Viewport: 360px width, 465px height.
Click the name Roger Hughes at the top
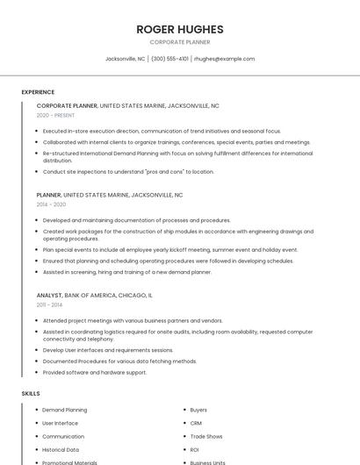point(180,29)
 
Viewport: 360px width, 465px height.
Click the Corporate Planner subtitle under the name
point(180,42)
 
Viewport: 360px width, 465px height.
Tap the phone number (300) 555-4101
point(169,59)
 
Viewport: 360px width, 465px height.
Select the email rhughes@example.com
point(224,59)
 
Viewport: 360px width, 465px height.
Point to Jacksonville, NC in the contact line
point(125,59)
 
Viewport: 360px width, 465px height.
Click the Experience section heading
point(38,92)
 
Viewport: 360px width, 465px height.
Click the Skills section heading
point(31,394)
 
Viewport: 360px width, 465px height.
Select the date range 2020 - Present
point(55,115)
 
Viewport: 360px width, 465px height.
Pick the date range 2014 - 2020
point(51,204)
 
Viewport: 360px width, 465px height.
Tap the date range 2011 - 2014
point(49,305)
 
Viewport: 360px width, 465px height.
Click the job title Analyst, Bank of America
point(94,296)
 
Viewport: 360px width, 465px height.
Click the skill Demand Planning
point(64,410)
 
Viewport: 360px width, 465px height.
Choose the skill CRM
point(196,423)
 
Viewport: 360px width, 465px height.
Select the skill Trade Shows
point(206,436)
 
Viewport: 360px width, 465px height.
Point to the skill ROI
point(195,449)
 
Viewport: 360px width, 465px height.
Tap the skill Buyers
point(198,410)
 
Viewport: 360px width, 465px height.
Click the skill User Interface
point(61,423)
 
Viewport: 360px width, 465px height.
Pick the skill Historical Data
point(61,449)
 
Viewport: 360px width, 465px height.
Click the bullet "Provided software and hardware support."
point(95,372)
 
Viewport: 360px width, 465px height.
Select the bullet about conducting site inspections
point(128,172)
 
